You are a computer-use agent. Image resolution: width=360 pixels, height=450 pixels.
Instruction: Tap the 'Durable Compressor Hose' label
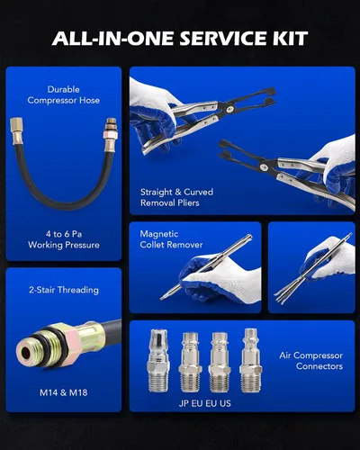[x=64, y=94]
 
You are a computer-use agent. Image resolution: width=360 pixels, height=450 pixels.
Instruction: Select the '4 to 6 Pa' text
[x=64, y=234]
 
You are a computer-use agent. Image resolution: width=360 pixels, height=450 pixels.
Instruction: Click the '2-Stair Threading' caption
[x=64, y=290]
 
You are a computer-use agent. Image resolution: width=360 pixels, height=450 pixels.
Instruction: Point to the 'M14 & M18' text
[x=64, y=392]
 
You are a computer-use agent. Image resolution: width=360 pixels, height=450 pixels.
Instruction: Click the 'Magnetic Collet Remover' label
[x=171, y=239]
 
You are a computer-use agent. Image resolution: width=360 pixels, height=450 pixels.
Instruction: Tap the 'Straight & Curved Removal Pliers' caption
[x=176, y=197]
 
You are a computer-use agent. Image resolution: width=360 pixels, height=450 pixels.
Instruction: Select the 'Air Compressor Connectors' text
[x=310, y=361]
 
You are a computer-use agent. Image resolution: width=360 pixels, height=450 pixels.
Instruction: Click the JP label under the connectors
[x=184, y=403]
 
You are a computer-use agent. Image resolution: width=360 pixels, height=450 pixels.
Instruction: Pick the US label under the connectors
[x=225, y=403]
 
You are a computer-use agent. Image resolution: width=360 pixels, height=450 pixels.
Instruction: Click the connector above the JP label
[x=158, y=361]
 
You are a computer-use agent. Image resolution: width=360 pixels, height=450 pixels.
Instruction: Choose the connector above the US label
[x=250, y=360]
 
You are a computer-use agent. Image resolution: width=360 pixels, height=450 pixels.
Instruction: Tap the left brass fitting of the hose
[x=16, y=131]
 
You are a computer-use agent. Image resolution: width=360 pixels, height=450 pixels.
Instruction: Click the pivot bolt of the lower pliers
[x=265, y=166]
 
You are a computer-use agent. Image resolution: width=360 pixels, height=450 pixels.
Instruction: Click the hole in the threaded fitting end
[x=26, y=354]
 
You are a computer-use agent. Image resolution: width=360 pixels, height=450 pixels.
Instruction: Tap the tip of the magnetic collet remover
[x=162, y=298]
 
